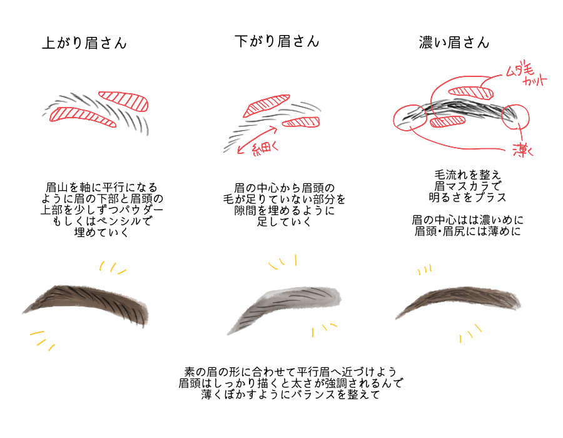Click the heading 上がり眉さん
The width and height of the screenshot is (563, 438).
84,43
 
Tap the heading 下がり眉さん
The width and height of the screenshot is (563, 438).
276,41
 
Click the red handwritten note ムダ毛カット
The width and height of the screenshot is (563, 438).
526,76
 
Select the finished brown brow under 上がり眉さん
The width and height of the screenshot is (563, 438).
94,303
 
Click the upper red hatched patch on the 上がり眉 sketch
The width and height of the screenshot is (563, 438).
124,99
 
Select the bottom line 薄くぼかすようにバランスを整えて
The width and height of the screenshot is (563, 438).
292,395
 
